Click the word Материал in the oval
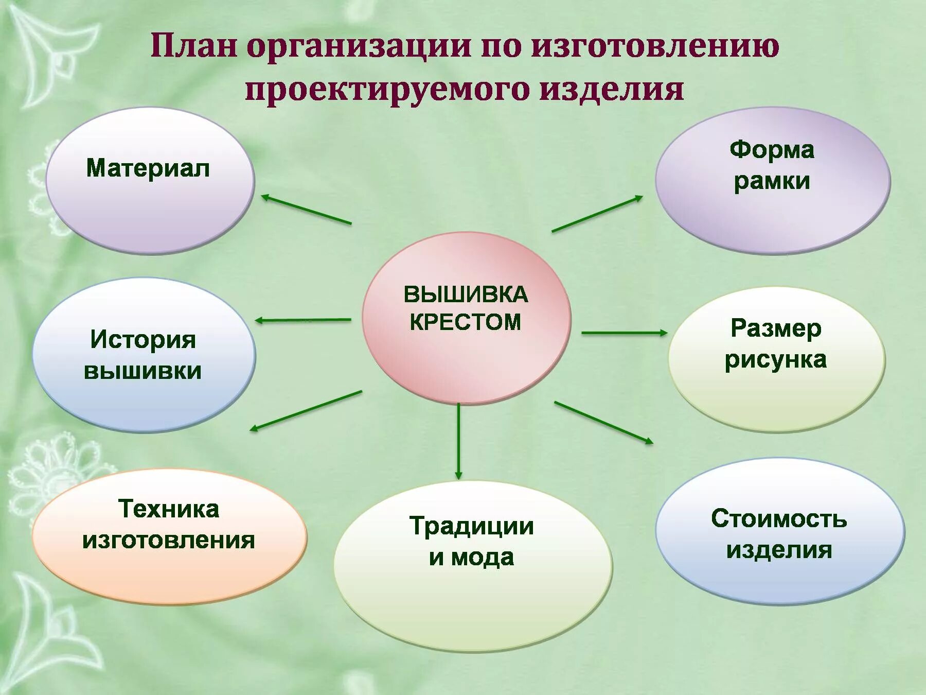(148, 168)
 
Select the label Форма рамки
(772, 165)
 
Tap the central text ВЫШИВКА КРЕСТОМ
(466, 308)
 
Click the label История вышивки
(143, 355)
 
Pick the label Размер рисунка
(775, 344)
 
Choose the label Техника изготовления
(169, 524)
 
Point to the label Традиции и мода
(472, 541)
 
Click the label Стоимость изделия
(779, 533)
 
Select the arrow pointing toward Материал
(307, 210)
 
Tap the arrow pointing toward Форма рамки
(597, 214)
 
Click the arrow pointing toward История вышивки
(303, 320)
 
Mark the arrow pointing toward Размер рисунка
(624, 333)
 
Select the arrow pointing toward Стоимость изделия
(603, 422)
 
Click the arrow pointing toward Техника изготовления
(306, 410)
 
